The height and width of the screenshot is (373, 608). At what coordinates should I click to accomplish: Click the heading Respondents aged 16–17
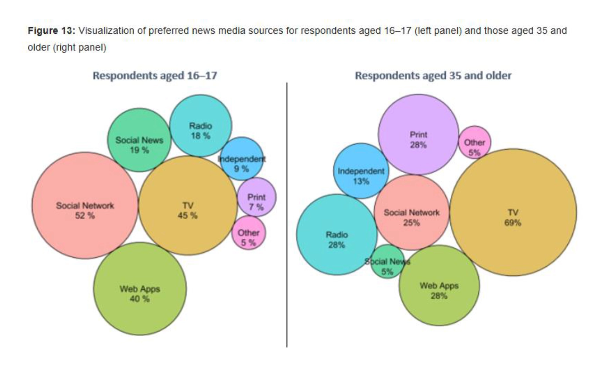(155, 76)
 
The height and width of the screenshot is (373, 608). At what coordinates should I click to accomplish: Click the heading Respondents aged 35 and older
(433, 76)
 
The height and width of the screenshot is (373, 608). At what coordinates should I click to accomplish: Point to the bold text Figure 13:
(51, 31)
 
